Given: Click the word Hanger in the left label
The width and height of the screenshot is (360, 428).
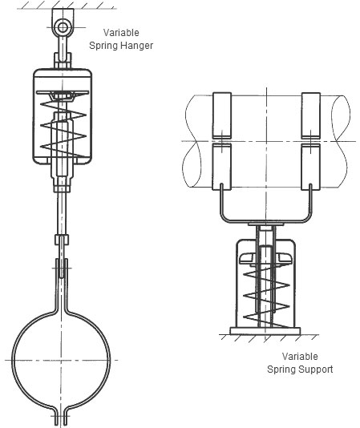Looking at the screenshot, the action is (x=137, y=46).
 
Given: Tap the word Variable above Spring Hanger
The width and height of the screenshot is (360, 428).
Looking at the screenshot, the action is (x=121, y=33).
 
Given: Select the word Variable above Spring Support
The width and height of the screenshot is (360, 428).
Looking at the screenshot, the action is (x=300, y=357).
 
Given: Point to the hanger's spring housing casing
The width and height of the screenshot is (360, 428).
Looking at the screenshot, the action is (x=35, y=117).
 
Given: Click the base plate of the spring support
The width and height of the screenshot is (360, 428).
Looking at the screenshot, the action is (x=265, y=331).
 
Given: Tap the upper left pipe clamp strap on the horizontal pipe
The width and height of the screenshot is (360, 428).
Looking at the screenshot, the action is (x=222, y=115).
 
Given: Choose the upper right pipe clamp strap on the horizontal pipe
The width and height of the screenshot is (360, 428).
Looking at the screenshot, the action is (x=311, y=115).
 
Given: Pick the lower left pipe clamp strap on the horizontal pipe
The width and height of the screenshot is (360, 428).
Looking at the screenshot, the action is (x=222, y=167).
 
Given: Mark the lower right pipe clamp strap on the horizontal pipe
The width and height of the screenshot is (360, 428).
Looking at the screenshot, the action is (x=311, y=167).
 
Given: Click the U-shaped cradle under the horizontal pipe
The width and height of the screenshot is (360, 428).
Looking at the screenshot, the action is (x=265, y=220).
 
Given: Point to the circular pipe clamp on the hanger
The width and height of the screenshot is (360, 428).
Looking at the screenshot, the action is (x=13, y=361).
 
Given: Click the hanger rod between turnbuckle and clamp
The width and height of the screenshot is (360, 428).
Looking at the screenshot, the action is (x=63, y=213).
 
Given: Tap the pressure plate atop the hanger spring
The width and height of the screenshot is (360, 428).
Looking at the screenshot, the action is (x=63, y=93).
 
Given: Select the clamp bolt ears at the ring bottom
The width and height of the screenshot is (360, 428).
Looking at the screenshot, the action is (x=61, y=418).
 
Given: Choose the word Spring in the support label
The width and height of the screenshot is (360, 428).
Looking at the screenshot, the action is (x=281, y=369).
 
